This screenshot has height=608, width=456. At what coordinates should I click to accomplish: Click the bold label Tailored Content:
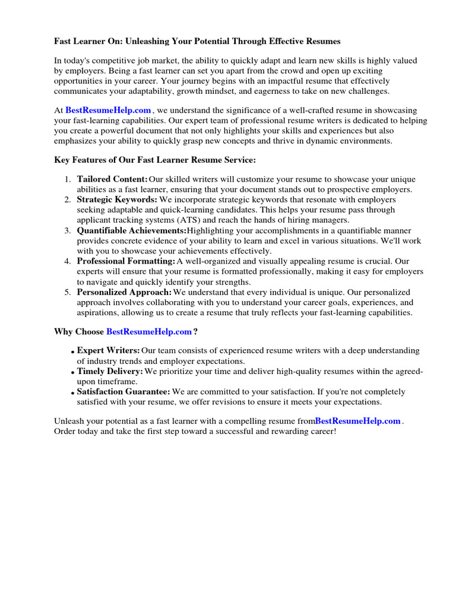point(112,179)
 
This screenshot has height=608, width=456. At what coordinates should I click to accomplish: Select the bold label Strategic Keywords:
point(117,200)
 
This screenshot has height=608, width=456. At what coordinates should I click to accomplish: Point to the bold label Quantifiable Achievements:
point(132,230)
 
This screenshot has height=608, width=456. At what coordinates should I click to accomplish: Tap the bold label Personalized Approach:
point(124,292)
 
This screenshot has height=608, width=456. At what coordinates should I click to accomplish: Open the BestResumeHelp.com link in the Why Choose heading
point(149,331)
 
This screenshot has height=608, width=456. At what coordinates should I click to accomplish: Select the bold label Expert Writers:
point(109,351)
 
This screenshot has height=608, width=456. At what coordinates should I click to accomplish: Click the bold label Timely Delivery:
point(110,371)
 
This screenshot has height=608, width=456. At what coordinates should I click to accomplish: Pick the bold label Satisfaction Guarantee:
point(123,392)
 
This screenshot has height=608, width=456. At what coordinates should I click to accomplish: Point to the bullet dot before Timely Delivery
point(73,373)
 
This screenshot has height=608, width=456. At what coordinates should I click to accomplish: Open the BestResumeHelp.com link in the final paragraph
point(357,421)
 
